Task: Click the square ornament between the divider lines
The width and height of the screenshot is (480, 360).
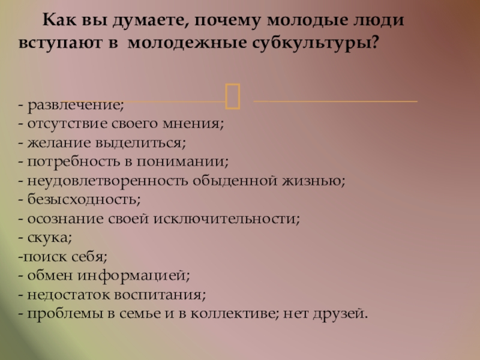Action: pyautogui.click(x=233, y=96)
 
